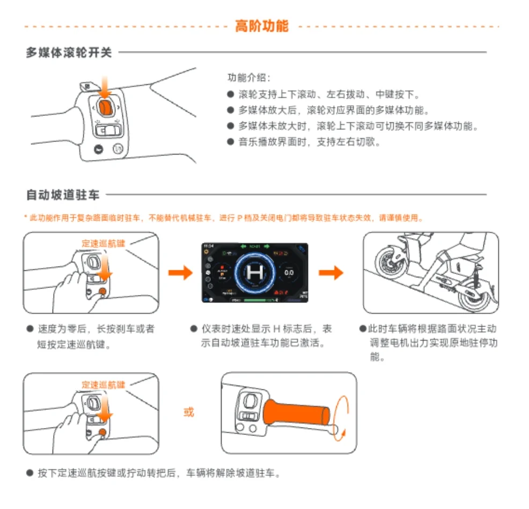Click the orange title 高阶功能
(261, 26)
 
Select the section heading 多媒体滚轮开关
(69, 53)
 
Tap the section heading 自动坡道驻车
(63, 195)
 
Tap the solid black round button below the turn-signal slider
(99, 149)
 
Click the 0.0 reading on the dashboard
(289, 272)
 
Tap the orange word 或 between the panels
(188, 412)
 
